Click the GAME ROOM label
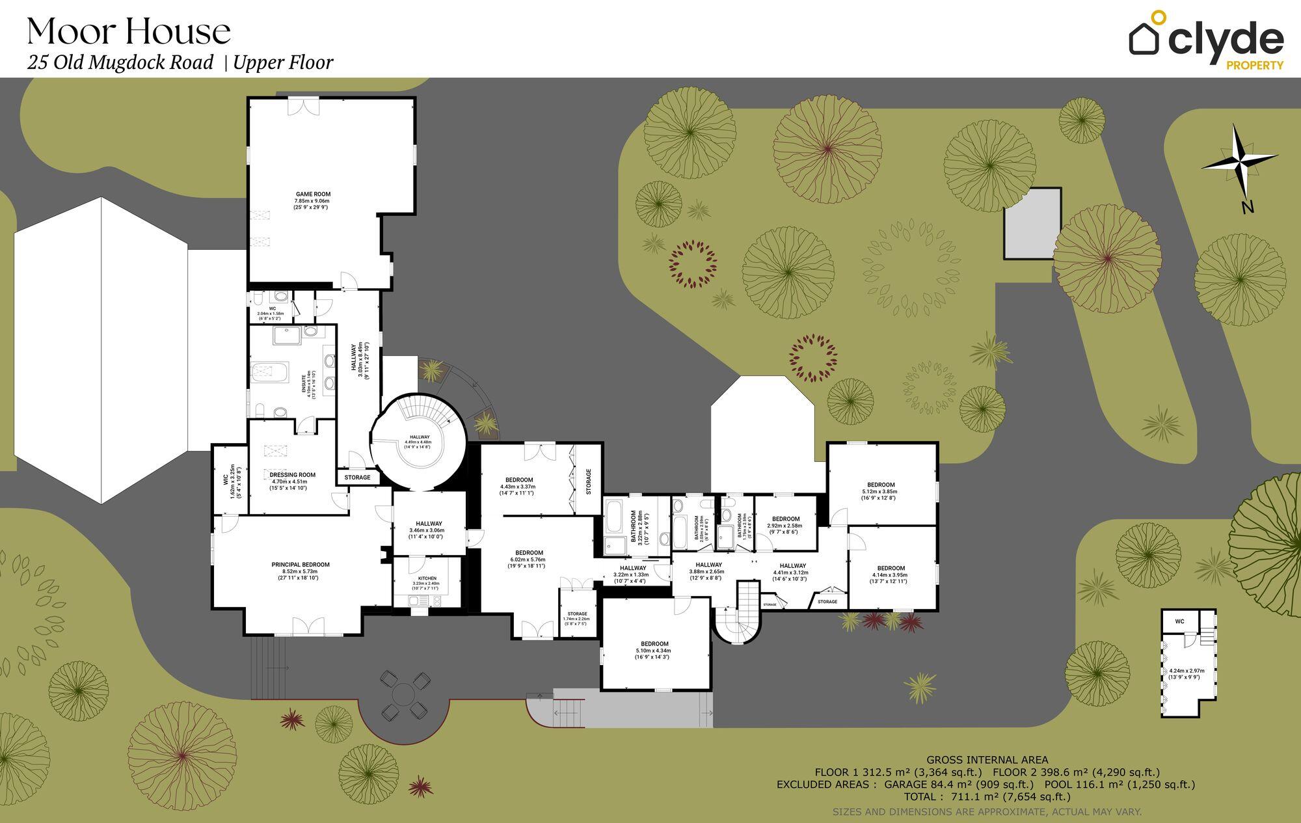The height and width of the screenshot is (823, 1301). [313, 194]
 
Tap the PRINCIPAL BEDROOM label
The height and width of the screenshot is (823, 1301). [301, 565]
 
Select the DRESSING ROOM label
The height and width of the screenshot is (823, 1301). [292, 475]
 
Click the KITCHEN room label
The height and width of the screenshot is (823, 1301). [427, 578]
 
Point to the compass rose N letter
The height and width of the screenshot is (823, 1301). [1247, 208]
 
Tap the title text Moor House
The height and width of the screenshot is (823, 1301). [129, 32]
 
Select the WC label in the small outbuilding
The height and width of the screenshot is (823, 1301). [1179, 621]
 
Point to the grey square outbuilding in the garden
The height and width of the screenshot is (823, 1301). [1032, 224]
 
